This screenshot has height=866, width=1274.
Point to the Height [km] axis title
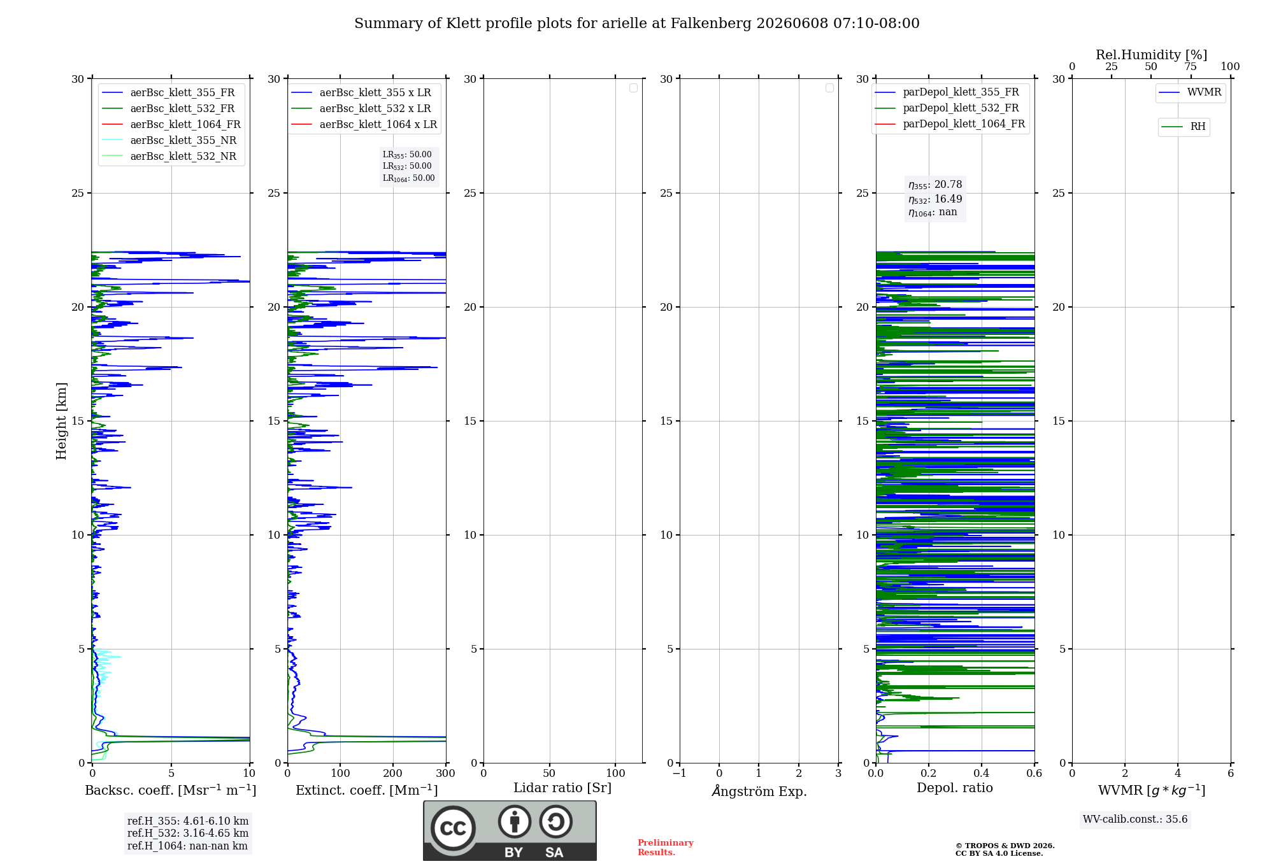(x=61, y=421)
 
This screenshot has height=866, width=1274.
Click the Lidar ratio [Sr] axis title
(x=562, y=788)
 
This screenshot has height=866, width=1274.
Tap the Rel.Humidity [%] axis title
(x=1151, y=55)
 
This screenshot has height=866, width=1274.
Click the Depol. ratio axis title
(x=955, y=788)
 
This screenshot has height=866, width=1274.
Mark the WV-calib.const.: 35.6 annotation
(x=1135, y=819)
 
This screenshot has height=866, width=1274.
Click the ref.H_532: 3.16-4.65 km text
(x=188, y=833)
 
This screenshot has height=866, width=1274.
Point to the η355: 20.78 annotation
(x=935, y=185)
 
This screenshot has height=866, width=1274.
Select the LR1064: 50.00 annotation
(x=408, y=178)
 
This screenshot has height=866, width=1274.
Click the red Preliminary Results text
(x=665, y=847)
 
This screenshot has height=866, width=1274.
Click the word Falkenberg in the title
(x=708, y=24)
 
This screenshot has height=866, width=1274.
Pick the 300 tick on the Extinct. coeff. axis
(x=445, y=773)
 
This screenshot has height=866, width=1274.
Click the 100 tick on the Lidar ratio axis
(x=615, y=773)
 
